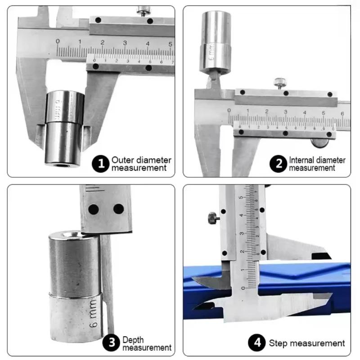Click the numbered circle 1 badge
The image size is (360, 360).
coord(101,163)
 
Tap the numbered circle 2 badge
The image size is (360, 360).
coord(278,163)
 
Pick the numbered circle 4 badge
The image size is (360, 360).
coord(257,343)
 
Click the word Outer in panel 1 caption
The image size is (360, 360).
coord(121,160)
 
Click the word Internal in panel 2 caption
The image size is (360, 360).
coord(302,160)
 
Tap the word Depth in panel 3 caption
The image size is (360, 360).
coord(132,340)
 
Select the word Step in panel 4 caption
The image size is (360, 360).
coord(278,343)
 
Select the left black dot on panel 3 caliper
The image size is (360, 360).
coord(94,209)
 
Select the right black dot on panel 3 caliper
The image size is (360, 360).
coord(118,209)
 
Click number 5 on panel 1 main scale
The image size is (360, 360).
coord(170,44)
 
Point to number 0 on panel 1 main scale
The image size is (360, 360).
coord(58,41)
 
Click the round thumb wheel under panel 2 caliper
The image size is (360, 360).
coord(320,143)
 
